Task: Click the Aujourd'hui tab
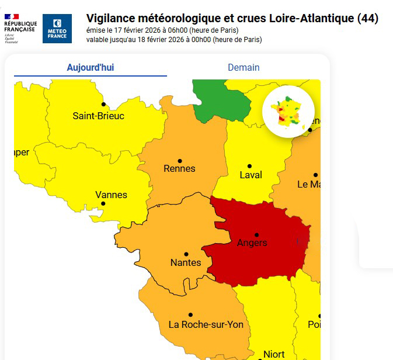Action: pos(91,67)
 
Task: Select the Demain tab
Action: pos(244,67)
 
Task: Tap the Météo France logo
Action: pos(57,29)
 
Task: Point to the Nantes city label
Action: pos(186,263)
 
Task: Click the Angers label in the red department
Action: pos(252,243)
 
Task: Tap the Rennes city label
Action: pos(180,169)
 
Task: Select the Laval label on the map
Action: pos(251,175)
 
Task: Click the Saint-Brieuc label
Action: pos(98,116)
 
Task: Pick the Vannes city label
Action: pos(111,195)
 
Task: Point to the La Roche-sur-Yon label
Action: pos(206,324)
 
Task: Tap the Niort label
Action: pos(274,354)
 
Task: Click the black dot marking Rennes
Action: pos(180,161)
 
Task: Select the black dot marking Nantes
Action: pos(186,254)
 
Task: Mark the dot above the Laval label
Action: pos(249,166)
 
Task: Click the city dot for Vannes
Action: pos(103,203)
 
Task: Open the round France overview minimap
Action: pos(288,111)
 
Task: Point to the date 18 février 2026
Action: pos(165,40)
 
